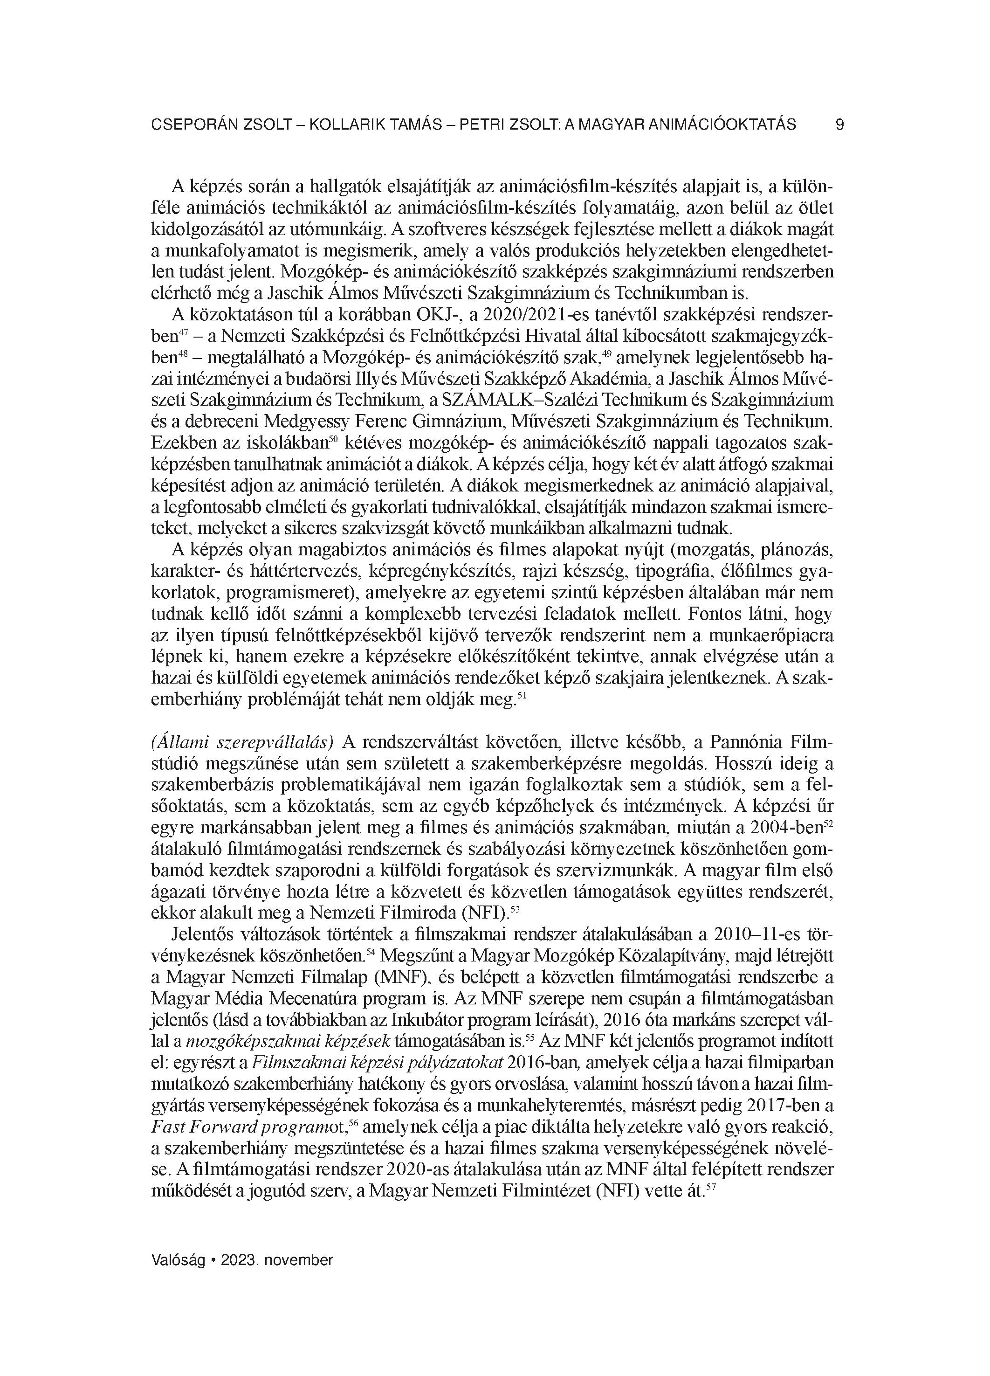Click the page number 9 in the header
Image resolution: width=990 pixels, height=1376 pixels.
coord(839,125)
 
